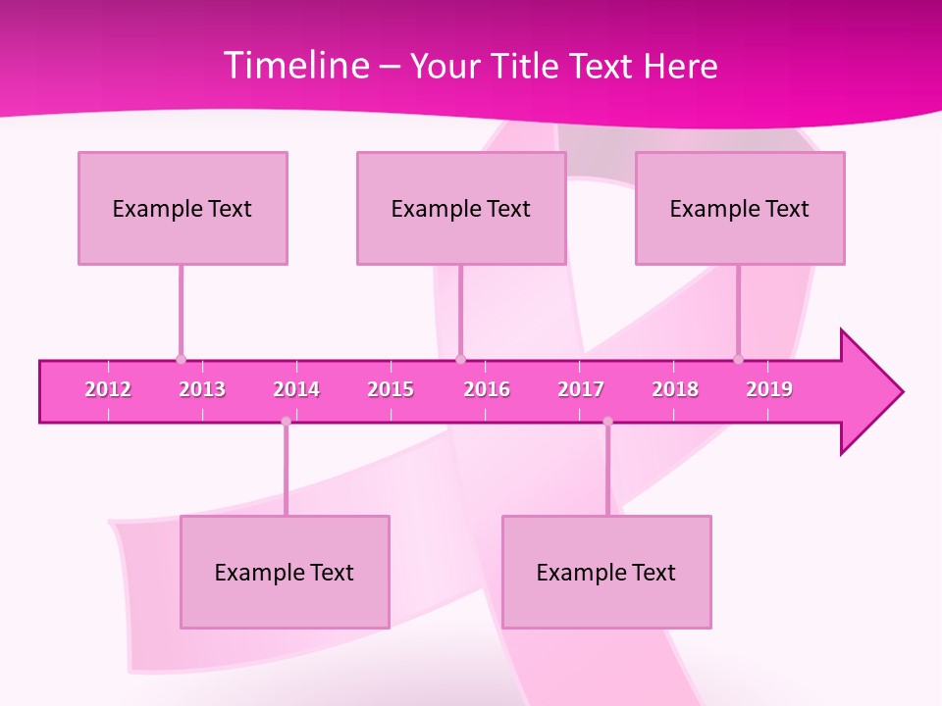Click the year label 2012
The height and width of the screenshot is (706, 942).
point(108,389)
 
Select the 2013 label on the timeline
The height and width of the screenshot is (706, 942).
point(202,389)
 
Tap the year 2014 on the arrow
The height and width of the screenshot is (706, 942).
point(296,389)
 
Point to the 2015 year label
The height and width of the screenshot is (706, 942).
point(391,389)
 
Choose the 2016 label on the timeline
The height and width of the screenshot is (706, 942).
point(487,389)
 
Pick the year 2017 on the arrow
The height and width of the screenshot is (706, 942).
point(581,389)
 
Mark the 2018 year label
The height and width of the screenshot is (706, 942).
point(675,389)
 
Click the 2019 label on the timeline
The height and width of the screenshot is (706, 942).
point(769,389)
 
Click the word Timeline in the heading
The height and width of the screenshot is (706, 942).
point(294,66)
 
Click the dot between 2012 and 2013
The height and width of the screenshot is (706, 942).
point(181,359)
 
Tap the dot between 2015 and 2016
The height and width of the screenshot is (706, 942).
point(461,359)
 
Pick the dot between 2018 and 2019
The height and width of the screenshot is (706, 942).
point(739,359)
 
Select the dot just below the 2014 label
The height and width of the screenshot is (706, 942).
point(286,422)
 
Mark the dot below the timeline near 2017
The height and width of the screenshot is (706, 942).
point(607,422)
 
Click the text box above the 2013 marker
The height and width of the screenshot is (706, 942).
point(183,208)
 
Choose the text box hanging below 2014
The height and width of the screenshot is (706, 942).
point(285,572)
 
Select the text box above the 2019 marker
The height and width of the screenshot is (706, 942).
point(740,208)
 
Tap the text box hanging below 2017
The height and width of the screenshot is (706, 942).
point(606,572)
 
